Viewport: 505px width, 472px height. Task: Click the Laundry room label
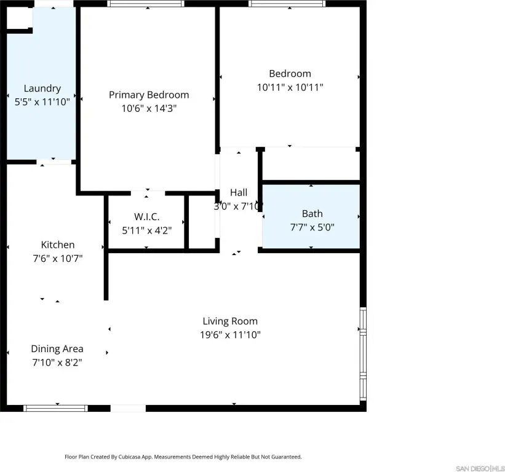coord(42,88)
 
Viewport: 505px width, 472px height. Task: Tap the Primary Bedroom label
coord(149,95)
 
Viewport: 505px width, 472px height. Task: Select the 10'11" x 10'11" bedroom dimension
coord(290,87)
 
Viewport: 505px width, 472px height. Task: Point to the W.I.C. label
coord(146,217)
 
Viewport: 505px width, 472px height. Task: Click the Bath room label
coord(312,214)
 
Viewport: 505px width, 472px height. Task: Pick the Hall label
coord(239,192)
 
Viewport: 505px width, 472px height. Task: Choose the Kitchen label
coord(58,245)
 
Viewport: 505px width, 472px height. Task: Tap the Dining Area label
coord(57,348)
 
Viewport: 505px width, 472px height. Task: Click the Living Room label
coord(230,321)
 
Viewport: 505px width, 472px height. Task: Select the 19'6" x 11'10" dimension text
coord(230,335)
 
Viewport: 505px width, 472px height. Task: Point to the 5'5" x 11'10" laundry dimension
coord(42,102)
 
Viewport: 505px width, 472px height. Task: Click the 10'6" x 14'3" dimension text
coord(149,108)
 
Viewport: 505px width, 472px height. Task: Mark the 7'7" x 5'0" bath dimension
coord(312,227)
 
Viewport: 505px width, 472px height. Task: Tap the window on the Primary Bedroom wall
coord(146,4)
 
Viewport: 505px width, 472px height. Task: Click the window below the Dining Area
coord(55,408)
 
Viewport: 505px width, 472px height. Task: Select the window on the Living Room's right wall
coord(363,354)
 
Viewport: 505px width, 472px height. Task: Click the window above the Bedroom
coord(287,4)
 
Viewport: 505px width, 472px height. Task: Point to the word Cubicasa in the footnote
coord(130,457)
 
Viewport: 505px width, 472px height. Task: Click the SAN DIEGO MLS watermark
coord(480,468)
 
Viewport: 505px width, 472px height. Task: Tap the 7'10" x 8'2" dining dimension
coord(57,363)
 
